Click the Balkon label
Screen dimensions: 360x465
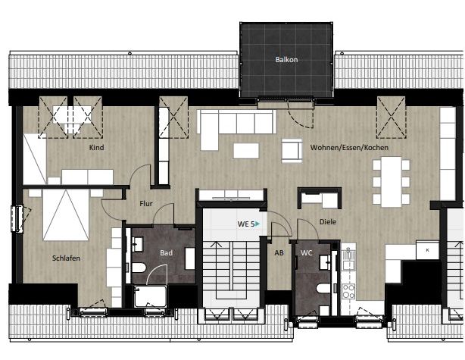[x=286, y=59]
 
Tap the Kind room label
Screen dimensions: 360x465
[x=96, y=147]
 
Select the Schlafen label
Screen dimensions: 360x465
[x=66, y=258]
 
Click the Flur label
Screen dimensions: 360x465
[x=146, y=203]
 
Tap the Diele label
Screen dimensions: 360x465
[x=327, y=222]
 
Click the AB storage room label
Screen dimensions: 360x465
[x=279, y=253]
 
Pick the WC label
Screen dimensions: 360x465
[x=307, y=253]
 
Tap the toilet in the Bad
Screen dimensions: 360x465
[x=139, y=269]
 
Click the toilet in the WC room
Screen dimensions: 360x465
[x=323, y=289]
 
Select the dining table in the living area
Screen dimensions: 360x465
[x=391, y=182]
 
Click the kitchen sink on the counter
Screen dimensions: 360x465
[x=348, y=261]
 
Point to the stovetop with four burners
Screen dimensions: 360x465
[x=348, y=290]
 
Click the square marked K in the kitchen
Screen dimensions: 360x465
[x=427, y=249]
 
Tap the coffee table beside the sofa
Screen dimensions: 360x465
[x=246, y=150]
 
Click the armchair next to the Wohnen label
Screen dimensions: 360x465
[x=292, y=149]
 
